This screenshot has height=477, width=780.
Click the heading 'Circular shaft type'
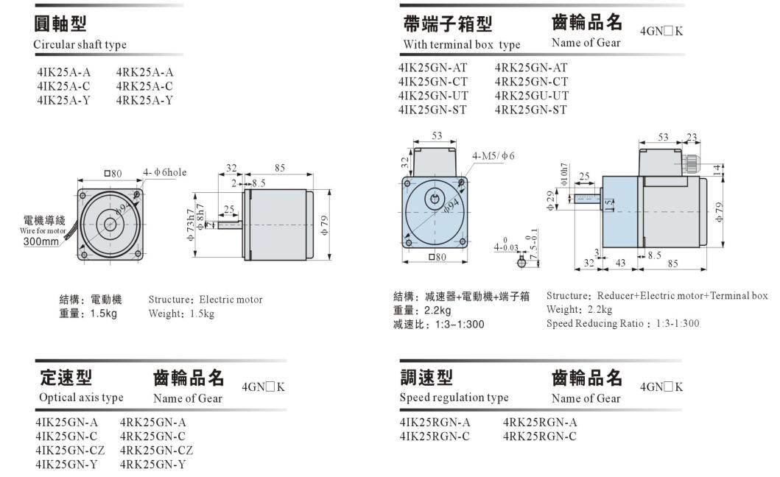(80, 44)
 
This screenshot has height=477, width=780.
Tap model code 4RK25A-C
(145, 86)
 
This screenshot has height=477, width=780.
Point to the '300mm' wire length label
(41, 241)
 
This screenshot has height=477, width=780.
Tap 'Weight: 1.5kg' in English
(181, 314)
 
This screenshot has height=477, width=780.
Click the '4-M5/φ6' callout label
(493, 155)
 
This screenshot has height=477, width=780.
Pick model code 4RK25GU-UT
(531, 96)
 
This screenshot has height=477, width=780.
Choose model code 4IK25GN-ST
(432, 110)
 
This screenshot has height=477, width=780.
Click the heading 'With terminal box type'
(461, 44)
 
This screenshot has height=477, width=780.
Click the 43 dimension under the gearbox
(620, 263)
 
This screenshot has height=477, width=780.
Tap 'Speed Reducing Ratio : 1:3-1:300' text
(622, 323)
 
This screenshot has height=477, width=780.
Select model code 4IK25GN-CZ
(71, 450)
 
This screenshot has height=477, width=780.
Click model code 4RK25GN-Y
(152, 464)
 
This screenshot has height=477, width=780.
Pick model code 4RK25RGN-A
(540, 422)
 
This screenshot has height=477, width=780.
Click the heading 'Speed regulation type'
(454, 397)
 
